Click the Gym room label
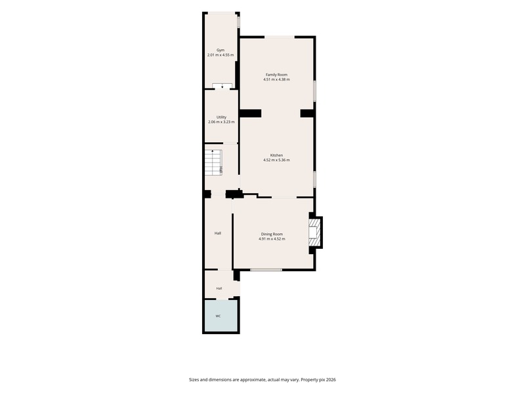coord(220,50)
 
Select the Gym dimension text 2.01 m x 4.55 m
coord(220,55)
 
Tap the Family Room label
coord(276,75)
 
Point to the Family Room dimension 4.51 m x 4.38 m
coord(276,79)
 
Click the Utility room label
coord(221,117)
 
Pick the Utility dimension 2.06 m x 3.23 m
coord(221,122)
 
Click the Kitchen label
coord(276,155)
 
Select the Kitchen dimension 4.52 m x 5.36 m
coord(276,160)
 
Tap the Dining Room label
coord(272,234)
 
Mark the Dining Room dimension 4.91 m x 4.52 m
coord(272,239)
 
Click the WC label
coord(218,316)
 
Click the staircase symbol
coord(214,162)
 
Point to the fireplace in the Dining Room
coord(314,233)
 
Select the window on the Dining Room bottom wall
coord(266,270)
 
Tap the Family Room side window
coord(314,90)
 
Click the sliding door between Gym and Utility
coord(222,86)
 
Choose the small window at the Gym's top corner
coord(238,22)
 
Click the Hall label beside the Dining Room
coord(218,233)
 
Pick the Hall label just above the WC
coord(219,288)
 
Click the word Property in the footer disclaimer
coord(308,380)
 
